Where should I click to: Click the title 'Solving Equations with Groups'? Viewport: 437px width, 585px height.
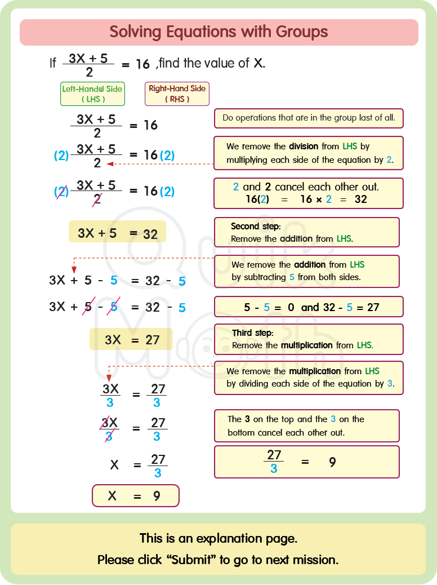(x=218, y=32)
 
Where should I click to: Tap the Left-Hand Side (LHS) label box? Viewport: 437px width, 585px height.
(x=92, y=94)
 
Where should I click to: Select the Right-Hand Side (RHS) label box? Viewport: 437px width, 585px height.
(x=177, y=94)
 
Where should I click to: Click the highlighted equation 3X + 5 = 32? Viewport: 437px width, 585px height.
(x=117, y=232)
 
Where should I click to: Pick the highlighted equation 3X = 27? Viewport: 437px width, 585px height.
(x=131, y=339)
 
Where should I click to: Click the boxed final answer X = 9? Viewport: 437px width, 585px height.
(x=135, y=496)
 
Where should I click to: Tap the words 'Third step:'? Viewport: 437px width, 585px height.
(x=252, y=333)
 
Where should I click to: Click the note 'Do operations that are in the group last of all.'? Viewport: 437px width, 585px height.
(x=309, y=118)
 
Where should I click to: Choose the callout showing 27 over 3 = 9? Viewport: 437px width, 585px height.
(x=306, y=462)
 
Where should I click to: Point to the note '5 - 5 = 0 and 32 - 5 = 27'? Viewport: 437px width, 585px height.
(x=309, y=307)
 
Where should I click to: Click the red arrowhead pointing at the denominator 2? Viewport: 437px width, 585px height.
(x=110, y=164)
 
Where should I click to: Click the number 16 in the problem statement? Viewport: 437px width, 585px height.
(x=143, y=64)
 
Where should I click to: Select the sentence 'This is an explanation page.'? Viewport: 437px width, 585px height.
(x=218, y=539)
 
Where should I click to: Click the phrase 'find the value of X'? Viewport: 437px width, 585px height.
(x=212, y=63)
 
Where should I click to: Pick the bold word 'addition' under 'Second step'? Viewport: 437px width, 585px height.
(x=296, y=238)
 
